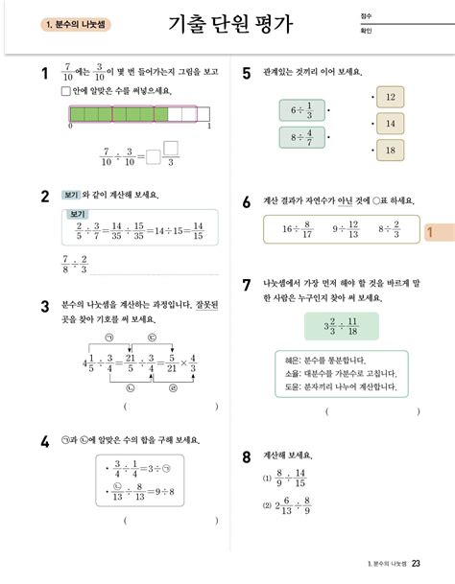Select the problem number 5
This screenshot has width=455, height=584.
click(x=247, y=74)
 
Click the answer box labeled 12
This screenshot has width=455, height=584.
click(x=391, y=98)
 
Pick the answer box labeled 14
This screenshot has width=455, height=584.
click(x=391, y=124)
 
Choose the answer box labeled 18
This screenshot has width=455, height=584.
click(x=391, y=151)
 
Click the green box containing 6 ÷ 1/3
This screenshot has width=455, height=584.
click(x=301, y=111)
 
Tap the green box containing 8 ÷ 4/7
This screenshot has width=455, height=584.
click(x=301, y=139)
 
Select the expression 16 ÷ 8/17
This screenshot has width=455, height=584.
click(x=298, y=229)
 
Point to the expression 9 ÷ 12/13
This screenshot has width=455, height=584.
click(x=347, y=229)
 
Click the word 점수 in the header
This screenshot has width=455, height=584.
click(x=366, y=16)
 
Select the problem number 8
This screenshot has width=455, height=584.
click(x=247, y=456)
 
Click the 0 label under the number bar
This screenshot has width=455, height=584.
click(x=70, y=126)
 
